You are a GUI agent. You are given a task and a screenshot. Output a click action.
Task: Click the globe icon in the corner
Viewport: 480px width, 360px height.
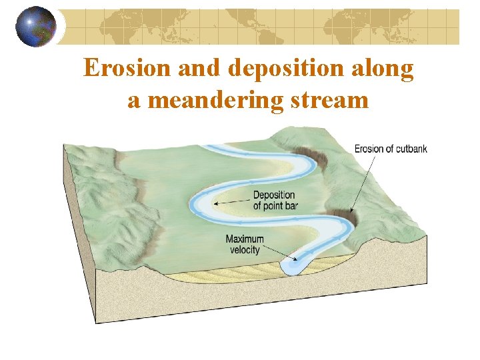point(37,27)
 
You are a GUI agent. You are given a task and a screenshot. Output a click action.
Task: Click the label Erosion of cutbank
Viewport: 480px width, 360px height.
point(391,149)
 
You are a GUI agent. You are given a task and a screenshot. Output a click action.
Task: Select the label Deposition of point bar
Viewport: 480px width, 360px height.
point(275,201)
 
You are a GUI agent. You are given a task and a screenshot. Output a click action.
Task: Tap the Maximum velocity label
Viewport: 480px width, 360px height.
point(245,245)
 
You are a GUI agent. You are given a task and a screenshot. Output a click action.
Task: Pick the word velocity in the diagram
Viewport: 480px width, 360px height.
point(245,250)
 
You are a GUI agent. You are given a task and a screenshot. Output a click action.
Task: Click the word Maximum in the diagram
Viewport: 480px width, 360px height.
point(245,239)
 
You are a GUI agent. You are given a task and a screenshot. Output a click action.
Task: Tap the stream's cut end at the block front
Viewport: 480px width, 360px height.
point(293,266)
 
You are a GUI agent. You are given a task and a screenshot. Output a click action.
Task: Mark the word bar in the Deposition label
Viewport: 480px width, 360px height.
point(291,206)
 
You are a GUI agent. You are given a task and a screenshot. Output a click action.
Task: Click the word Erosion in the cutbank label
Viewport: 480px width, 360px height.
point(368,149)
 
